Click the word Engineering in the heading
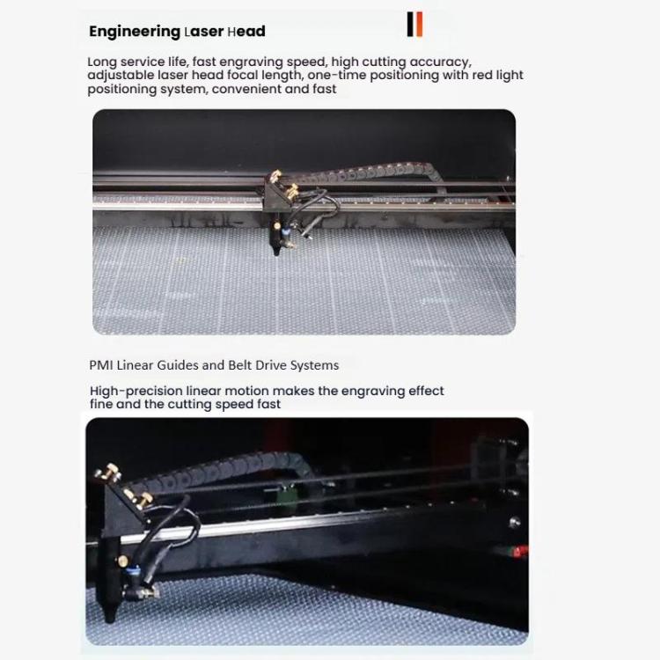pos(134,32)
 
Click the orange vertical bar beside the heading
pos(419,25)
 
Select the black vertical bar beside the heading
pos(410,25)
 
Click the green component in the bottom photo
pos(284,493)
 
